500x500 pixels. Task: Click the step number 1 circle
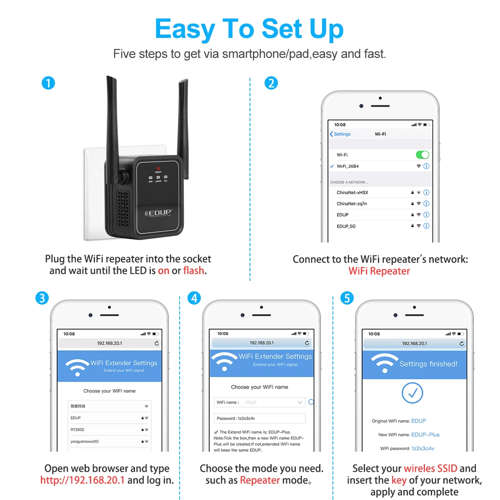pos(48,83)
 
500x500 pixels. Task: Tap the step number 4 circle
pos(194,298)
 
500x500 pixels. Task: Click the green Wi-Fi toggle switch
pos(422,155)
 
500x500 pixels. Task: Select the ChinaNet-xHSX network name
pos(352,192)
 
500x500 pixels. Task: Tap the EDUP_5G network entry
pos(346,226)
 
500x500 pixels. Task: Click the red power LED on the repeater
pos(158,168)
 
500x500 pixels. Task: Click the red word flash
pos(193,271)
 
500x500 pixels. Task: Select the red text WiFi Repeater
pos(379,271)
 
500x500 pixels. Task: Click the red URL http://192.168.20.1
pos(82,480)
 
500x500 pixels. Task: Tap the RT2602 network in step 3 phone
pos(77,430)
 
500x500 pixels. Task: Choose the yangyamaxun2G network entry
pos(85,441)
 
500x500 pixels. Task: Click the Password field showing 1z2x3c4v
pos(260,418)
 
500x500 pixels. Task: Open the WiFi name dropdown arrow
pos(300,402)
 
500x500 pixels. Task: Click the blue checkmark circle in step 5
pos(412,392)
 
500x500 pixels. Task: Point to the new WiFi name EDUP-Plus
pos(425,435)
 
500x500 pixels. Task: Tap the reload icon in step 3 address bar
pos(157,343)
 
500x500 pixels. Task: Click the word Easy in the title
pos(184,29)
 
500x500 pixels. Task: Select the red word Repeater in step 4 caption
pos(260,480)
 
